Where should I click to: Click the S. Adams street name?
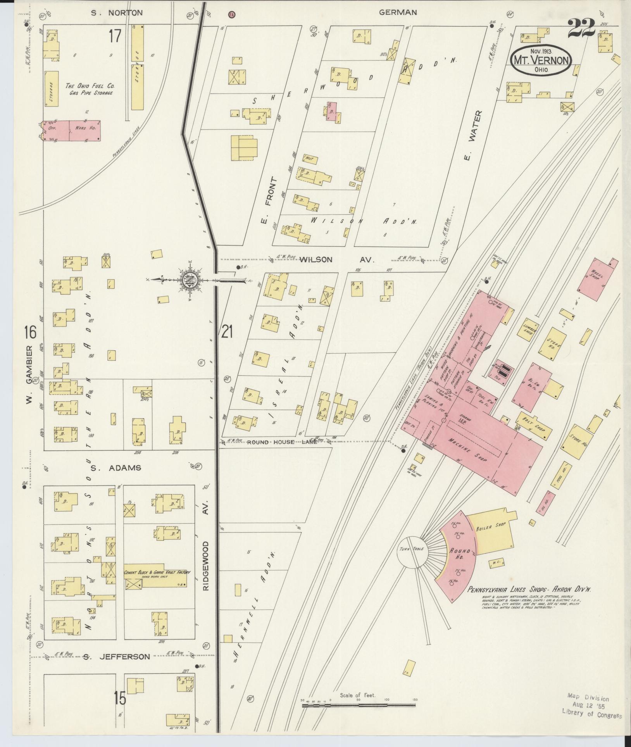(x=116, y=468)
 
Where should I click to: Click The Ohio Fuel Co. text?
(x=90, y=86)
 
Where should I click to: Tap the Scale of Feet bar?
(x=358, y=705)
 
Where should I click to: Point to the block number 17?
(x=115, y=36)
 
